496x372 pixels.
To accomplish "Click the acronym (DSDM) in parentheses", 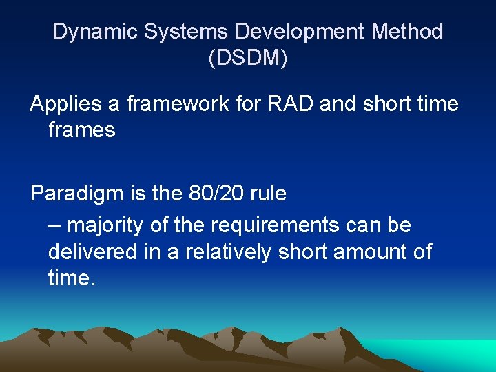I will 248,58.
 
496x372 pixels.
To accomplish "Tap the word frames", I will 81,130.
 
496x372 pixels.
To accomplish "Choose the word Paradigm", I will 77,194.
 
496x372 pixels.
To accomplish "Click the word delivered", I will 93,251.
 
